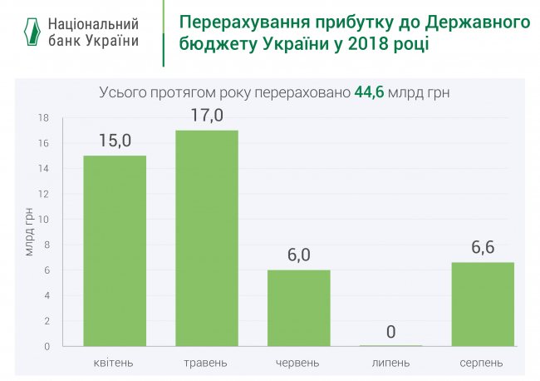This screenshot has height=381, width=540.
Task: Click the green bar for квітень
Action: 115,250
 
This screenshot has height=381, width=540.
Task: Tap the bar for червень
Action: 298,308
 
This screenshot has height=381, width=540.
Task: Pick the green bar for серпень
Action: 482,304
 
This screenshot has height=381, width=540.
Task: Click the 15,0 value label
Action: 115,141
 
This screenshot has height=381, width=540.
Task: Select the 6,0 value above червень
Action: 298,255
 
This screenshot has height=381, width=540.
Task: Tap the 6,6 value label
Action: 482,247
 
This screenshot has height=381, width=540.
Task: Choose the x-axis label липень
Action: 390,364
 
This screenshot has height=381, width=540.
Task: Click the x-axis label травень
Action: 206,364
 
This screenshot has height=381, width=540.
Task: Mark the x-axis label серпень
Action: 482,364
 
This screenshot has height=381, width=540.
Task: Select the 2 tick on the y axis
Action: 46,321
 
